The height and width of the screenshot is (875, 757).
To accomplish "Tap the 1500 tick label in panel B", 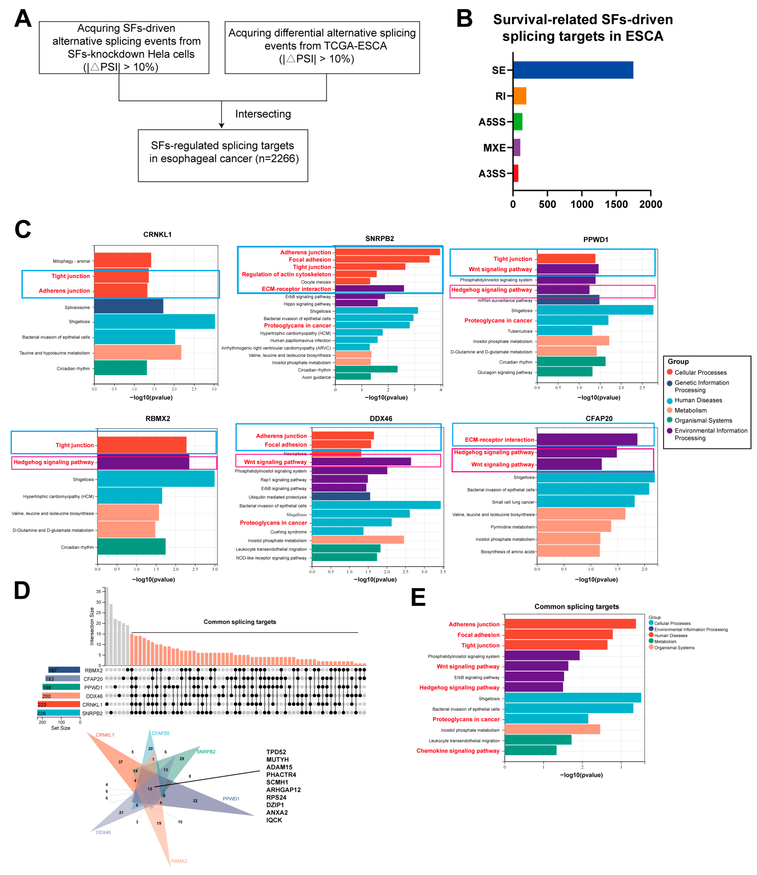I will point(616,204).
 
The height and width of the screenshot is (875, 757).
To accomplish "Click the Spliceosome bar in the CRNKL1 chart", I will point(128,306).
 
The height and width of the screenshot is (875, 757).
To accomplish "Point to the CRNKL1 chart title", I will point(157,235).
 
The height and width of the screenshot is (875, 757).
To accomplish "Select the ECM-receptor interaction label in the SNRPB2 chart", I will point(296,289).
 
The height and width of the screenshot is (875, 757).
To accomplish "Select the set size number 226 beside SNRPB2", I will point(41,713).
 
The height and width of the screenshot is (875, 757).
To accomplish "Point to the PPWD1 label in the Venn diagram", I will point(231,799).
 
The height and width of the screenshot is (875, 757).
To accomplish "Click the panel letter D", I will point(22,591).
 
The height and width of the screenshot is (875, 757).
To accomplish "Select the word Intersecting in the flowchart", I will point(263,114).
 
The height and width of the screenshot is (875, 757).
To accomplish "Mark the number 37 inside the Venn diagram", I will point(120,762).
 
